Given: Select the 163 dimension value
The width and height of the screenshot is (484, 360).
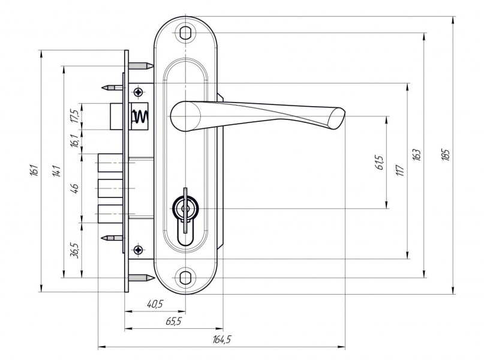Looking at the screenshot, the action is pyautogui.click(x=416, y=155).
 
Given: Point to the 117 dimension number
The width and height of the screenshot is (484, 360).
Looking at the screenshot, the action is pyautogui.click(x=399, y=170).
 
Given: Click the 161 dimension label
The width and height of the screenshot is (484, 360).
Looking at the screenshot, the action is pyautogui.click(x=35, y=170).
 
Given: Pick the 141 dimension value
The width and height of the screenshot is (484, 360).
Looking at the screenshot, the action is pyautogui.click(x=57, y=171).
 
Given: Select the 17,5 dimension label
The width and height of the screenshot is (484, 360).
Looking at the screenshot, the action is pyautogui.click(x=75, y=116).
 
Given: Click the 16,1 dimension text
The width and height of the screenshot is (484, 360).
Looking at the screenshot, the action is pyautogui.click(x=75, y=141).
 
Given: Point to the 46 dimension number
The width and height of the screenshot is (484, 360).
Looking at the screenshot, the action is pyautogui.click(x=75, y=187).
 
